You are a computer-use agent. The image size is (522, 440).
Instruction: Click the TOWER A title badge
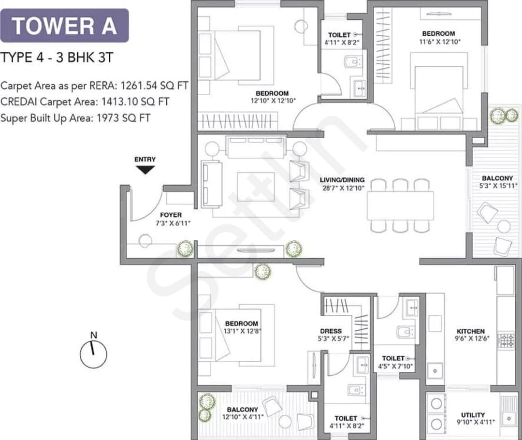pyautogui.click(x=64, y=26)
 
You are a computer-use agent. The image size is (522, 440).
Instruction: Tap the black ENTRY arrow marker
pyautogui.click(x=145, y=170)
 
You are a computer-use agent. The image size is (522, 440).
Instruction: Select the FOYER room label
pyautogui.click(x=171, y=215)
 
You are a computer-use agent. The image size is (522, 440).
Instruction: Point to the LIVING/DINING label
pyautogui.click(x=342, y=180)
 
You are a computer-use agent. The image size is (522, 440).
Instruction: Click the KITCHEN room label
pyautogui.click(x=471, y=331)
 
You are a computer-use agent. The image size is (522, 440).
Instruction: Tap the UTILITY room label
pyautogui.click(x=473, y=415)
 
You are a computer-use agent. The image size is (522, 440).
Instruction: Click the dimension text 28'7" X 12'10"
pyautogui.click(x=342, y=188)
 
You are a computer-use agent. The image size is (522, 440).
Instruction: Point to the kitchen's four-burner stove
pyautogui.click(x=507, y=340)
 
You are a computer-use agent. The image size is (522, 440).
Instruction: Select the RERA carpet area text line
pyautogui.click(x=94, y=86)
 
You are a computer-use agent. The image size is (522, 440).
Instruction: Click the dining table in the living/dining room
pyautogui.click(x=400, y=206)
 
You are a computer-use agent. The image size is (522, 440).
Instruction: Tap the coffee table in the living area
pyautogui.click(x=256, y=186)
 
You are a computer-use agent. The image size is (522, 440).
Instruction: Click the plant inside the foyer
pyautogui.click(x=185, y=249)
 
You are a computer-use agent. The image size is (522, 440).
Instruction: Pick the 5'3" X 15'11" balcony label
pyautogui.click(x=497, y=182)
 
